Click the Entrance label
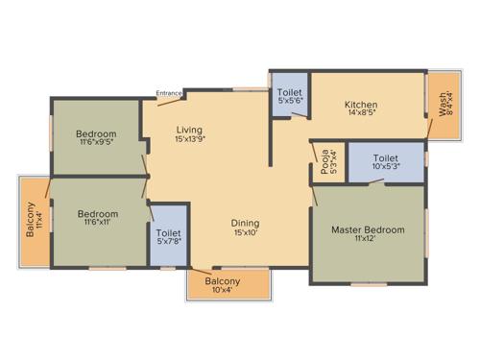coord(169,93)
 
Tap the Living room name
coord(190,129)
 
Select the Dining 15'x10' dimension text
coord(246,233)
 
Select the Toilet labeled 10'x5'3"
coord(385,158)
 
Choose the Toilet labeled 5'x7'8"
coord(168,231)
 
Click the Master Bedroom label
coord(368,229)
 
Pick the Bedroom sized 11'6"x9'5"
coord(96,133)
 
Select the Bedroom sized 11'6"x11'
coord(97,214)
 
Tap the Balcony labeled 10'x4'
coord(222,281)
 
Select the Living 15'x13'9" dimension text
coord(190,139)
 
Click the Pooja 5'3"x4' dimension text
coord(333,160)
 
